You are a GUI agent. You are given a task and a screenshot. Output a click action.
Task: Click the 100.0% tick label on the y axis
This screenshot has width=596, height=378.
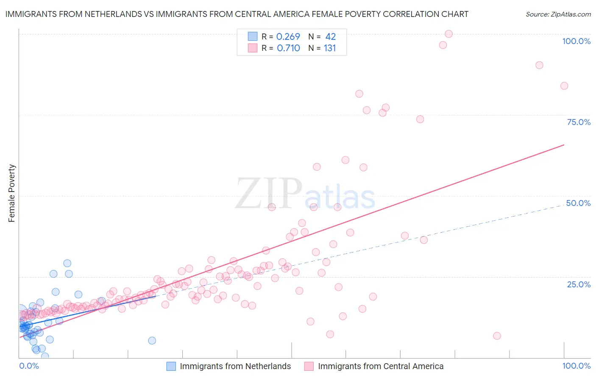pos(576,41)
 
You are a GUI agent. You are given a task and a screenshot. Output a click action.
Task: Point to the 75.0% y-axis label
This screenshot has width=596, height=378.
pos(579,122)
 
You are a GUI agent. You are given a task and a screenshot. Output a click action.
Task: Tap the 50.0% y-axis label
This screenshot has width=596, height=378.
pos(578,203)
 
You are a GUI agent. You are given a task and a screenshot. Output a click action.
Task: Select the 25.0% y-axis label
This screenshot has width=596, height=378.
pos(579,284)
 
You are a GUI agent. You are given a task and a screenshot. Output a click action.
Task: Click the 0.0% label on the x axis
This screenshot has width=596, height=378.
pos(29,366)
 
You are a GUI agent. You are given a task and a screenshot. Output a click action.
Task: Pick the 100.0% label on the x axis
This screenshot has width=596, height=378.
pos(576,366)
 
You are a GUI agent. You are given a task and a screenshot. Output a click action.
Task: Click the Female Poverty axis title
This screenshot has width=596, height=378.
pos(12,193)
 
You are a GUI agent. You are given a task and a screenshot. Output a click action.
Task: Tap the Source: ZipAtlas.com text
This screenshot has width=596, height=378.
pos(558,14)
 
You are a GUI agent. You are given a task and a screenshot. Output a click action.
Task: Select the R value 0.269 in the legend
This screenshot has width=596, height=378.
pos(288,36)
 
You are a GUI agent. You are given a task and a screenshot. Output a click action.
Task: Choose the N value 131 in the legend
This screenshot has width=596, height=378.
pos(330,48)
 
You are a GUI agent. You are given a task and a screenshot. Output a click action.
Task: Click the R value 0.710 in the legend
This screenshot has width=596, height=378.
pos(288,48)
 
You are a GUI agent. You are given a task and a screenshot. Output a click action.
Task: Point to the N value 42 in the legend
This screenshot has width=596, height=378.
pos(330,36)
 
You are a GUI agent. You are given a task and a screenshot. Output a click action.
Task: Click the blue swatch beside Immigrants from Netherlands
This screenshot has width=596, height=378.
pos(171,366)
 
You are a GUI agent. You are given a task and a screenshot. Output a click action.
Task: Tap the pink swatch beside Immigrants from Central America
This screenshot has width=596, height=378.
pos(309,366)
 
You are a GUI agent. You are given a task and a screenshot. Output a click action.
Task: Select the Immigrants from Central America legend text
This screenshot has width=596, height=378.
pos(381,366)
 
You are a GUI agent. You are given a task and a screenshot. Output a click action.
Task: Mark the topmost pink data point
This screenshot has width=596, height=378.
pos(448,34)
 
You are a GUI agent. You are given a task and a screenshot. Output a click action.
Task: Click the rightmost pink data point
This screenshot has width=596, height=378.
pos(564,86)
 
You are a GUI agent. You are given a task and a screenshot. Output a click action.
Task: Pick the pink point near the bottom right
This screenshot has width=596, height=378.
pos(497,336)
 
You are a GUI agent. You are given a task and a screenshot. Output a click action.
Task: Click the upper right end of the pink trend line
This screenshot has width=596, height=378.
pos(564,145)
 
